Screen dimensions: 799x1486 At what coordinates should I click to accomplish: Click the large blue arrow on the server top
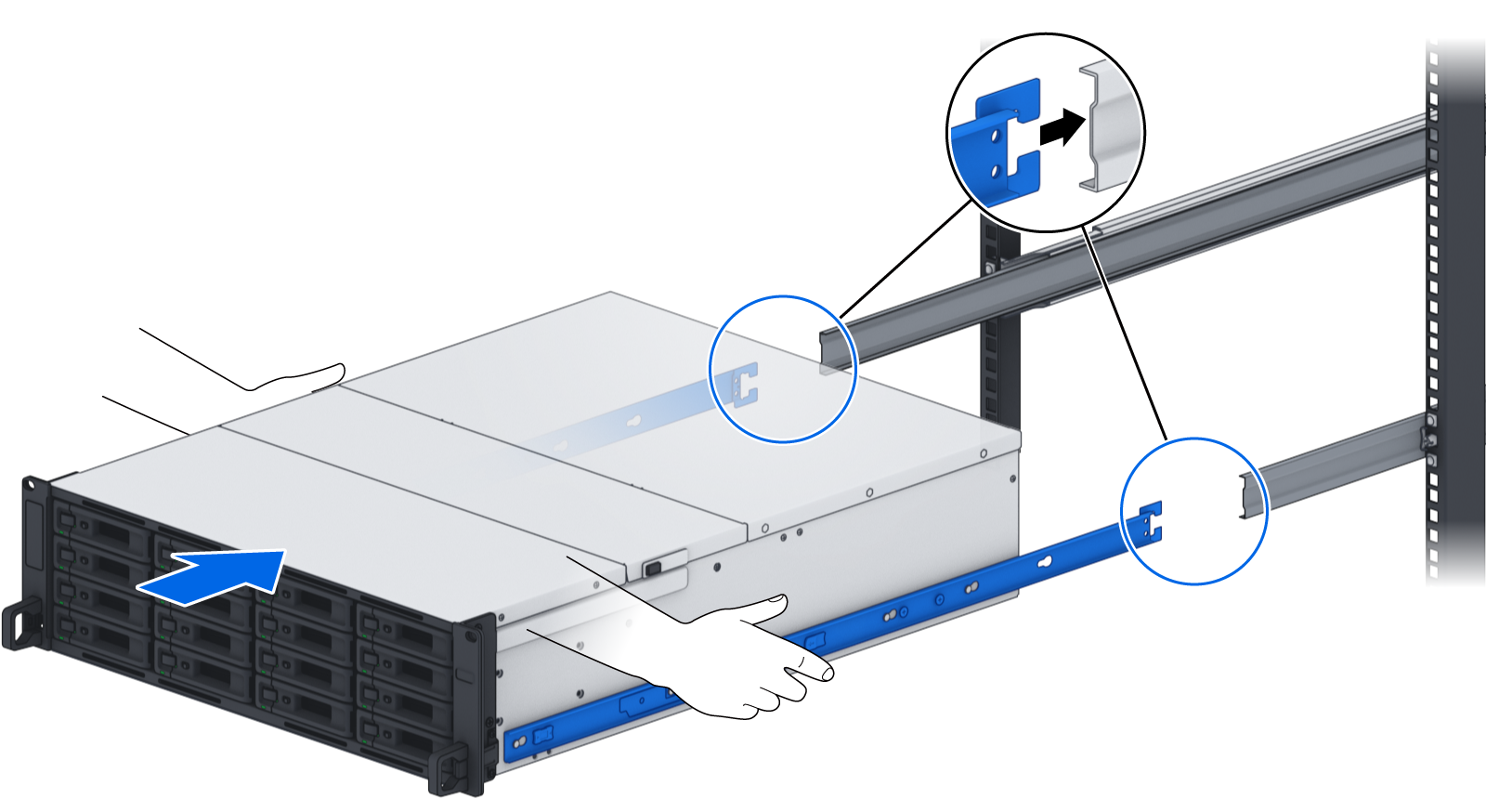tap(223, 574)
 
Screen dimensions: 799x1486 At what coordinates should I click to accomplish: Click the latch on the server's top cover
tap(654, 568)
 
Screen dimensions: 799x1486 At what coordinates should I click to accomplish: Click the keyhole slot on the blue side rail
tap(1044, 562)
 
